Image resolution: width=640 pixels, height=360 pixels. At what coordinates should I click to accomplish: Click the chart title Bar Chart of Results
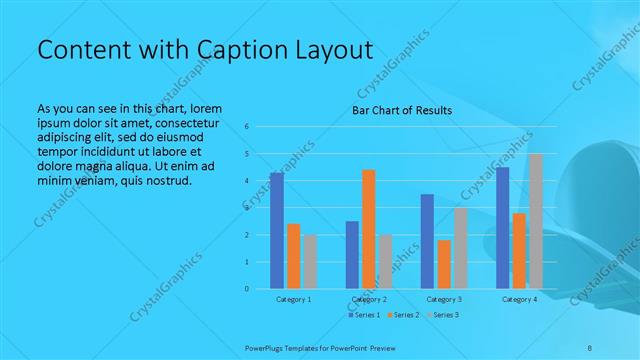(401, 110)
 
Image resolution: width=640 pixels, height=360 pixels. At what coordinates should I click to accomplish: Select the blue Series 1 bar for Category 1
(277, 230)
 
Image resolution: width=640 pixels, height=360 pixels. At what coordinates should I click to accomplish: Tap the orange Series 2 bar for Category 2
(369, 229)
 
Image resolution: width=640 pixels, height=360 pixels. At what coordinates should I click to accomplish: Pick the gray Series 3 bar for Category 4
(535, 221)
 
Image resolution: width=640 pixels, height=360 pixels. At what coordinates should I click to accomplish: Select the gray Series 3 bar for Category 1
(310, 262)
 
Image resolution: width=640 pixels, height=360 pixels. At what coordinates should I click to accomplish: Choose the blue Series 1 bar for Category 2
(352, 255)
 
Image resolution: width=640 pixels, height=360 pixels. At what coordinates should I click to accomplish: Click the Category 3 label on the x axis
(443, 299)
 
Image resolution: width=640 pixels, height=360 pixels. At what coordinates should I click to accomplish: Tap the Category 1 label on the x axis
(293, 299)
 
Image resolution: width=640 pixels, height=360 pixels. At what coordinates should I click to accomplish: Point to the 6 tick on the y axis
(248, 127)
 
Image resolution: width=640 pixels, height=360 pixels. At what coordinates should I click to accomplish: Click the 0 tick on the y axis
(248, 289)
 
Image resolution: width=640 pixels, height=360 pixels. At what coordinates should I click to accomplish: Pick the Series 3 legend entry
(442, 316)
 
